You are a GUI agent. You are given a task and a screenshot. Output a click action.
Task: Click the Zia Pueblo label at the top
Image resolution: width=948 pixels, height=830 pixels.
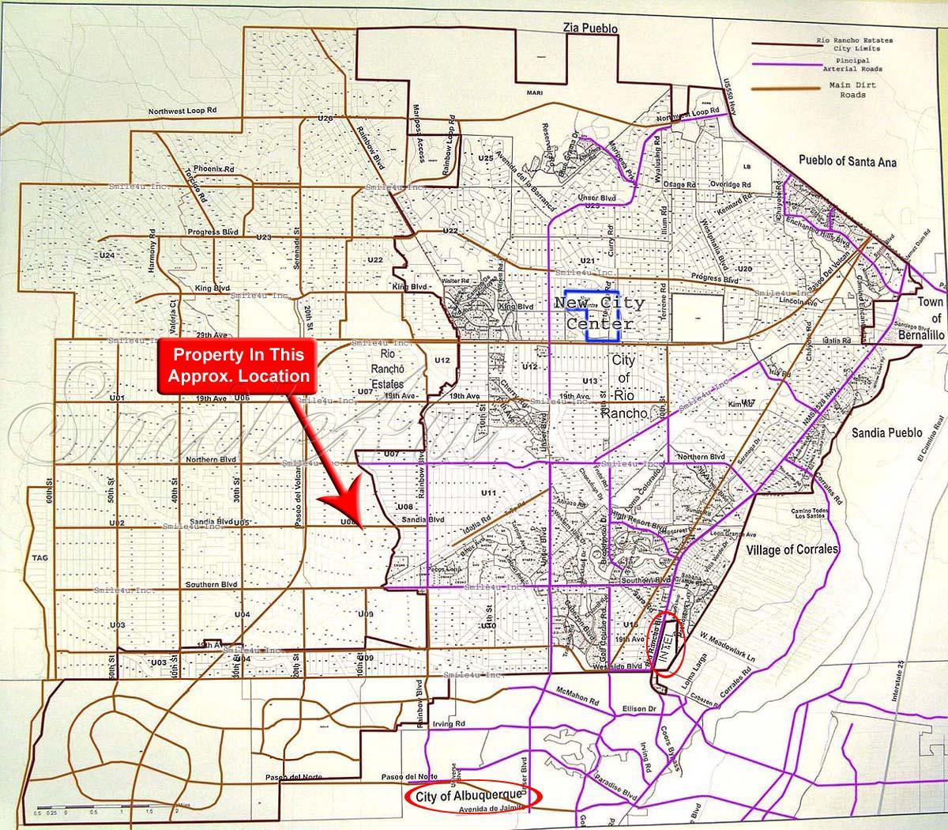pyautogui.click(x=589, y=28)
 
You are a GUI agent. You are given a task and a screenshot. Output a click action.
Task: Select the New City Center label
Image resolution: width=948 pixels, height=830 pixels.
pyautogui.click(x=599, y=313)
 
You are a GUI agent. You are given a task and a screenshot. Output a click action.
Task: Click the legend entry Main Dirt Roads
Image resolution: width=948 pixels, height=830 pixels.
pyautogui.click(x=847, y=89)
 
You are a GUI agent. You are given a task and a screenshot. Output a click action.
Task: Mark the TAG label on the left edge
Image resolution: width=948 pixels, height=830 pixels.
pyautogui.click(x=40, y=558)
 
